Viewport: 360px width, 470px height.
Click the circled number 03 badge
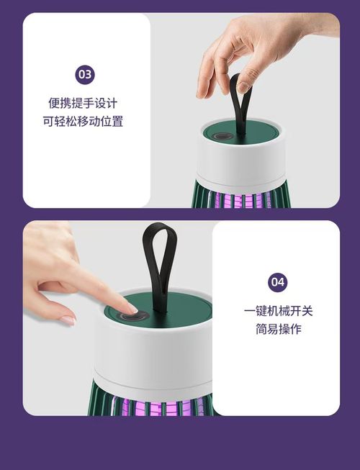tap(85, 74)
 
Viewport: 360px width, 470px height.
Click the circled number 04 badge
tap(277, 281)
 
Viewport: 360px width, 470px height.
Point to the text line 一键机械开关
tap(278, 311)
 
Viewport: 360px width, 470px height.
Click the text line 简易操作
tap(278, 329)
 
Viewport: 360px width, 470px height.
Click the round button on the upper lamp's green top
tap(221, 136)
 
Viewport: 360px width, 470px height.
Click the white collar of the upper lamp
tap(241, 162)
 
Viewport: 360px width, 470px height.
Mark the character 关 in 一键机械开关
tap(307, 311)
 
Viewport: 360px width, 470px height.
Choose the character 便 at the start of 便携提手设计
tap(54, 103)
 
